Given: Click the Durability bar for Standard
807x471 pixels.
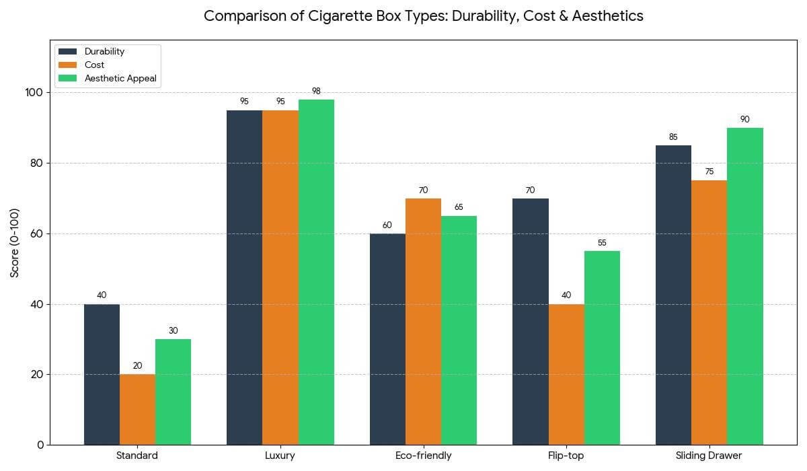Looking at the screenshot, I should pyautogui.click(x=102, y=374).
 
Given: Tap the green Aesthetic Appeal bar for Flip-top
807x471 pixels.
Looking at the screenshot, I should pyautogui.click(x=602, y=347).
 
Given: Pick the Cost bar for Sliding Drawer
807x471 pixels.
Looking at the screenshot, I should pyautogui.click(x=709, y=312).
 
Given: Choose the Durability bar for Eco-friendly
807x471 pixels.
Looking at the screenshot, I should pyautogui.click(x=387, y=339).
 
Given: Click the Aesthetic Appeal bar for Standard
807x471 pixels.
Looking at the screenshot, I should pyautogui.click(x=173, y=392).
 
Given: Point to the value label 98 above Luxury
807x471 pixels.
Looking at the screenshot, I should pyautogui.click(x=316, y=91).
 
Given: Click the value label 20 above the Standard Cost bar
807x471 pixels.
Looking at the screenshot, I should pyautogui.click(x=137, y=365).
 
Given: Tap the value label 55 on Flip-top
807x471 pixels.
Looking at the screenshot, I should pyautogui.click(x=602, y=242).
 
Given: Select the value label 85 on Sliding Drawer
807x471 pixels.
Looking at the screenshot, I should pyautogui.click(x=673, y=137).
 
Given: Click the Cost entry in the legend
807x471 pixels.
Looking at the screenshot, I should pyautogui.click(x=94, y=65).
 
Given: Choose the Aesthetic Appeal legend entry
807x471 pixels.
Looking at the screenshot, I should pyautogui.click(x=120, y=78).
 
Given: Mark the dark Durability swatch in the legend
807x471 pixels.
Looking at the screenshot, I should pyautogui.click(x=68, y=51).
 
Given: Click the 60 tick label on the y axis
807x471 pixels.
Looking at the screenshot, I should pyautogui.click(x=38, y=233).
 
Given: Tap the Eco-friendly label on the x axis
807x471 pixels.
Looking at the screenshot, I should pyautogui.click(x=423, y=456).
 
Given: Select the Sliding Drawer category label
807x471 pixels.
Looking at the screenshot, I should pyautogui.click(x=709, y=456).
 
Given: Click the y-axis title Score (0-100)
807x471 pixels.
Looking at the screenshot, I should pyautogui.click(x=15, y=242).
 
